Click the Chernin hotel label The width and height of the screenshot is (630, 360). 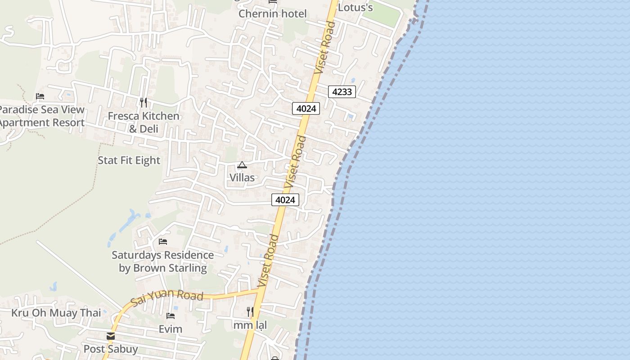272,13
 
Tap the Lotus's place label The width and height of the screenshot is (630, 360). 355,7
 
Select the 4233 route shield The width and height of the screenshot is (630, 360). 342,92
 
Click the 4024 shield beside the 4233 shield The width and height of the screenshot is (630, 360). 306,108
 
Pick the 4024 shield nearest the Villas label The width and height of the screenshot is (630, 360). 285,200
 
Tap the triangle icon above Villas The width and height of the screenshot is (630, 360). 242,165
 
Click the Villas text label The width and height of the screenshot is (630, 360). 242,177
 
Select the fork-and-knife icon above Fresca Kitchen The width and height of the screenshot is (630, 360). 144,103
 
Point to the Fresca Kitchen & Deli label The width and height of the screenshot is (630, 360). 144,122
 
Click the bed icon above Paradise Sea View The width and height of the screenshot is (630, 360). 40,96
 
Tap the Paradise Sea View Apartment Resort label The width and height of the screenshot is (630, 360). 41,116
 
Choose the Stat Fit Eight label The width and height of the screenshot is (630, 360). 129,160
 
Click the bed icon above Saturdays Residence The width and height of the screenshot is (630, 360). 163,242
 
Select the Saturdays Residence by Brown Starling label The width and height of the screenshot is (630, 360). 162,261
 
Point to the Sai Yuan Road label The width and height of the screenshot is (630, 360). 167,297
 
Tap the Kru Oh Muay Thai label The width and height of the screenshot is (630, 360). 56,313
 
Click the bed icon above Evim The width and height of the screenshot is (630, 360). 171,316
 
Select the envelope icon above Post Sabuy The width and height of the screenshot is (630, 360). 111,336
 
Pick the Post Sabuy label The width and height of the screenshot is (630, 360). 111,349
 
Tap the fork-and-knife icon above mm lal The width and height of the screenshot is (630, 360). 250,311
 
